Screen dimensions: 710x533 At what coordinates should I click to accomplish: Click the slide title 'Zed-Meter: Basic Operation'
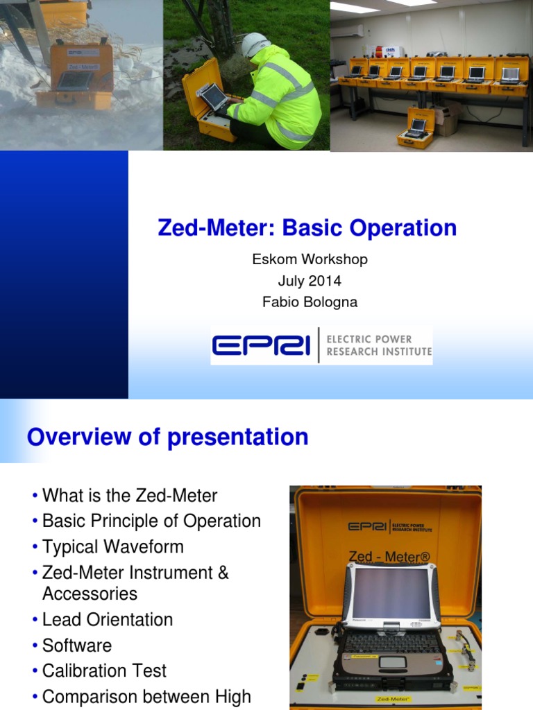tap(307, 228)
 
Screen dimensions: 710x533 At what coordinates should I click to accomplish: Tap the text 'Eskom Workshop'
tap(309, 259)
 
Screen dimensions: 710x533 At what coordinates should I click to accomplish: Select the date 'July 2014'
tap(309, 281)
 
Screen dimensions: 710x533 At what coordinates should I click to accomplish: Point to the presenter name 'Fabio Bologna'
tap(309, 302)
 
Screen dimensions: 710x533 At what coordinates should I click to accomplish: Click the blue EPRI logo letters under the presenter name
tap(261, 345)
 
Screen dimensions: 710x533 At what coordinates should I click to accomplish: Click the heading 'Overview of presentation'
tap(167, 437)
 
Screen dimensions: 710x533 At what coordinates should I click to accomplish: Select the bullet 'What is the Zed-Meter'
tap(130, 496)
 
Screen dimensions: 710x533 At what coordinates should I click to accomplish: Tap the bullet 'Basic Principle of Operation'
tap(151, 521)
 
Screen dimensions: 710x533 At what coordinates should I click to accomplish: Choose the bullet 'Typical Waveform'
tap(113, 546)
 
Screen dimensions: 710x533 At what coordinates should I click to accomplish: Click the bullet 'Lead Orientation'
tap(108, 619)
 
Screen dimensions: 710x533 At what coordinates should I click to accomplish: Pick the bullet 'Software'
tap(77, 645)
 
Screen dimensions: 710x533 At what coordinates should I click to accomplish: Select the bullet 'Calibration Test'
tap(104, 670)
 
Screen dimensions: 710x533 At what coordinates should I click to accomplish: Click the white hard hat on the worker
tap(255, 44)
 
